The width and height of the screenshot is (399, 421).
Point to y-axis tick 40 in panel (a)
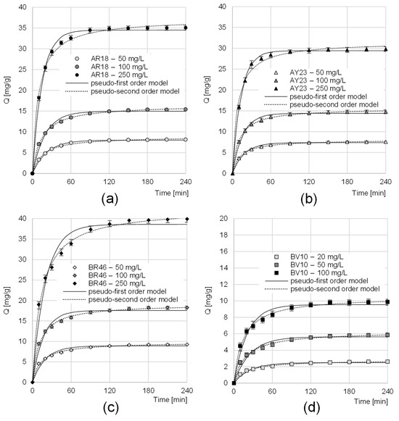22,9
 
